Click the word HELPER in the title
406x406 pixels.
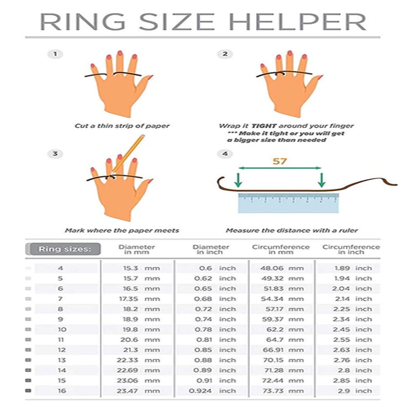297,22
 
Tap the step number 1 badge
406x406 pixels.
55,54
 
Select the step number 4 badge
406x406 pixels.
225,154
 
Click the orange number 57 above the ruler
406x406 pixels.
280,161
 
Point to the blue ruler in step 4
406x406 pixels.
288,204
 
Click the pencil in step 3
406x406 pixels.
128,154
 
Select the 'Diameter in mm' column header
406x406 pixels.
137,249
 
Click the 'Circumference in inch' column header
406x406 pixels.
351,249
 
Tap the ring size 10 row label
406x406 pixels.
62,329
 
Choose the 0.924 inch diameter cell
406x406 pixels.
212,391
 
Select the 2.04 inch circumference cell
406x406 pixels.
352,289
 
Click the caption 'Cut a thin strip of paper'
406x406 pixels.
122,126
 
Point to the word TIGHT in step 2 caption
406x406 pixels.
264,126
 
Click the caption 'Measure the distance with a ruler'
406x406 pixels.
292,230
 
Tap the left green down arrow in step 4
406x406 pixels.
238,180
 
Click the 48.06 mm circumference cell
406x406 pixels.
282,268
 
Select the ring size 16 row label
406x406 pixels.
62,391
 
